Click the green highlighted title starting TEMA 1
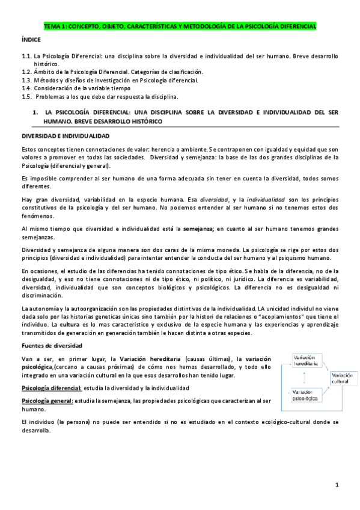180,26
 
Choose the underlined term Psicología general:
47,400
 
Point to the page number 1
338,485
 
